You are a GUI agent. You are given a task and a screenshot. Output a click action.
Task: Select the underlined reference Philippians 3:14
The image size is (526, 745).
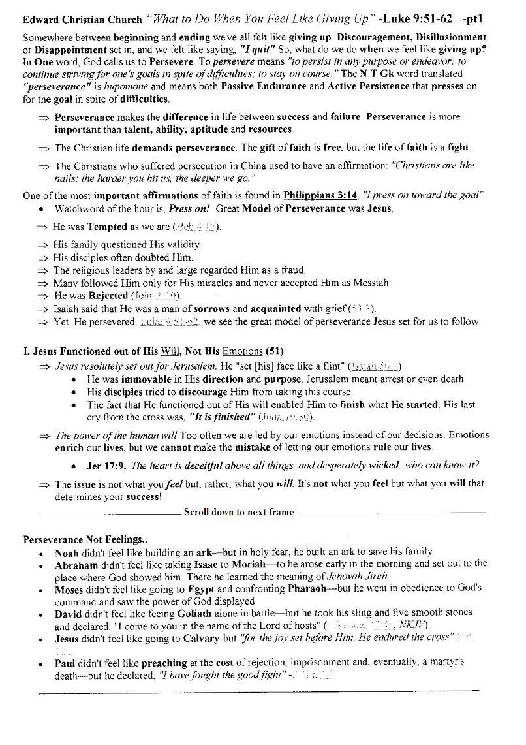(321, 195)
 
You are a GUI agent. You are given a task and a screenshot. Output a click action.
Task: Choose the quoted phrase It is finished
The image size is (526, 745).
(221, 417)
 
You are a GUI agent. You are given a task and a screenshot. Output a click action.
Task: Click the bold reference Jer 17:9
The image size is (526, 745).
(106, 466)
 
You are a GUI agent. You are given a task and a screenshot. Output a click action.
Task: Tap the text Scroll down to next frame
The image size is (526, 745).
(238, 512)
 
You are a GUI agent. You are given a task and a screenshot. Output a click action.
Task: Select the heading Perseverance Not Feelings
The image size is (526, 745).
(85, 540)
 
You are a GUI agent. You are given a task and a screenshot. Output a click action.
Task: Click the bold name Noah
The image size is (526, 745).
(67, 552)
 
